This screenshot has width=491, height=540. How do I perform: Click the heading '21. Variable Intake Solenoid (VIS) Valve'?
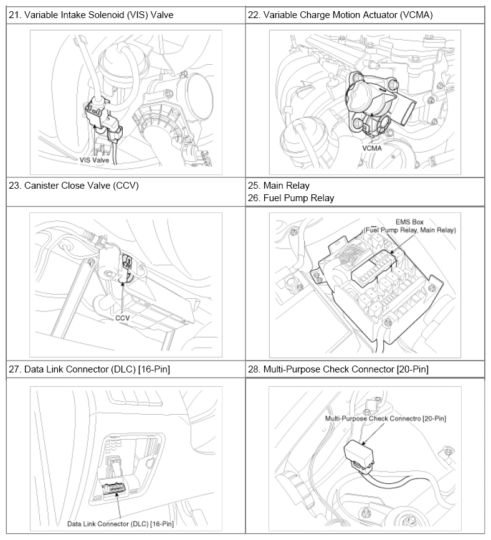tap(91, 15)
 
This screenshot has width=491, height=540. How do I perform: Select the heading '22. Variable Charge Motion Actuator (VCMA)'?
tap(340, 15)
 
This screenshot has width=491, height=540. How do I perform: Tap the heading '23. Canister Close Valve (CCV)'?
tap(74, 186)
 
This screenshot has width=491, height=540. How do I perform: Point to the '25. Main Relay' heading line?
tap(279, 186)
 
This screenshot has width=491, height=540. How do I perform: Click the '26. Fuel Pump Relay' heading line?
tap(291, 198)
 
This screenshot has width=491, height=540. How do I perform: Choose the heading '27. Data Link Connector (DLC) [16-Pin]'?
tap(89, 369)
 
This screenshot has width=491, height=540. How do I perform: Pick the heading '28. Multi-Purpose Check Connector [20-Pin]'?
tap(338, 369)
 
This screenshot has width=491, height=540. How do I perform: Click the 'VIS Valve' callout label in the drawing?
tap(94, 160)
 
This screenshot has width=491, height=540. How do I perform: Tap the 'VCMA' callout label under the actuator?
tap(372, 148)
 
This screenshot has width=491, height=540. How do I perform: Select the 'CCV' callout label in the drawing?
tap(122, 318)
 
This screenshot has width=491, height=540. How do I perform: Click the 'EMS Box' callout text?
tap(409, 222)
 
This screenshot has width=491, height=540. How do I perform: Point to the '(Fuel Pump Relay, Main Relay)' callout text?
tap(409, 230)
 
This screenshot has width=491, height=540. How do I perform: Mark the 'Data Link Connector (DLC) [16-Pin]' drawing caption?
tap(120, 524)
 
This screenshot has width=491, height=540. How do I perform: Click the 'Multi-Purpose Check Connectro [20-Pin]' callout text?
tap(386, 419)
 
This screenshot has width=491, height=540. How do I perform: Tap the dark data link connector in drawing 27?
tap(113, 488)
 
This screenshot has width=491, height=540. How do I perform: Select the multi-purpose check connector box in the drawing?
tap(359, 454)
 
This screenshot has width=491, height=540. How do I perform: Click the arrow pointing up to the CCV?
tap(122, 297)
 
